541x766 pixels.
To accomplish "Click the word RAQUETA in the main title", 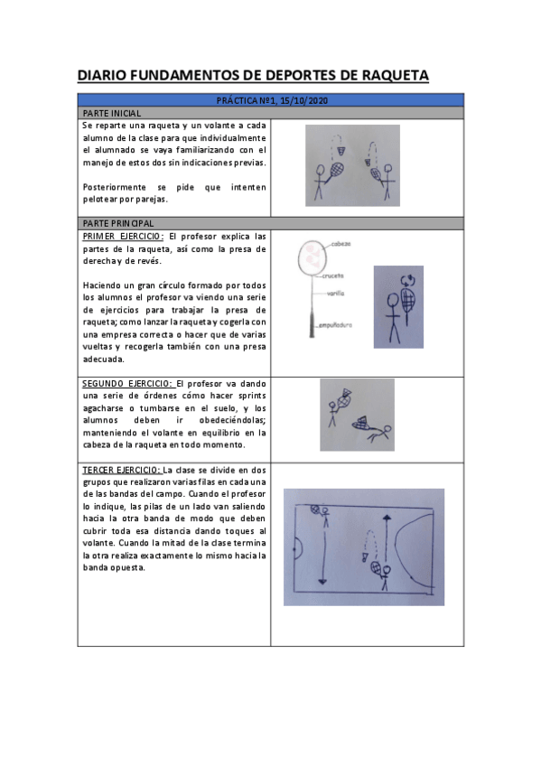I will pos(388,75).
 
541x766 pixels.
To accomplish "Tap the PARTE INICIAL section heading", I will pos(111,113).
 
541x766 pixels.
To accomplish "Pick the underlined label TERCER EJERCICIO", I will pos(121,470).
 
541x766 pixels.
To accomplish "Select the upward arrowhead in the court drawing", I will pos(386,517).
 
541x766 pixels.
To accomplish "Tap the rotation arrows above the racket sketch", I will pos(407,280).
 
